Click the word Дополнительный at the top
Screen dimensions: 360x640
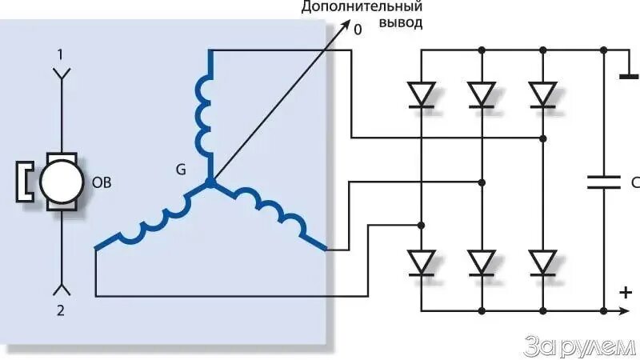point(361,7)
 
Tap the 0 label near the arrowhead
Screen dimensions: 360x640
point(358,30)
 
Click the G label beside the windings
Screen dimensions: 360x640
point(181,170)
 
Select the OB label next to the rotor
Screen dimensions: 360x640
point(102,182)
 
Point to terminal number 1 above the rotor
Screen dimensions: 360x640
point(59,54)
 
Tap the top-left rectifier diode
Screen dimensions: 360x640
point(422,94)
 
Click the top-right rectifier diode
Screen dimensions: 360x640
point(543,94)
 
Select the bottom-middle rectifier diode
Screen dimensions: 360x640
point(482,262)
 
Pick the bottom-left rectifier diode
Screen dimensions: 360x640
point(422,262)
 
